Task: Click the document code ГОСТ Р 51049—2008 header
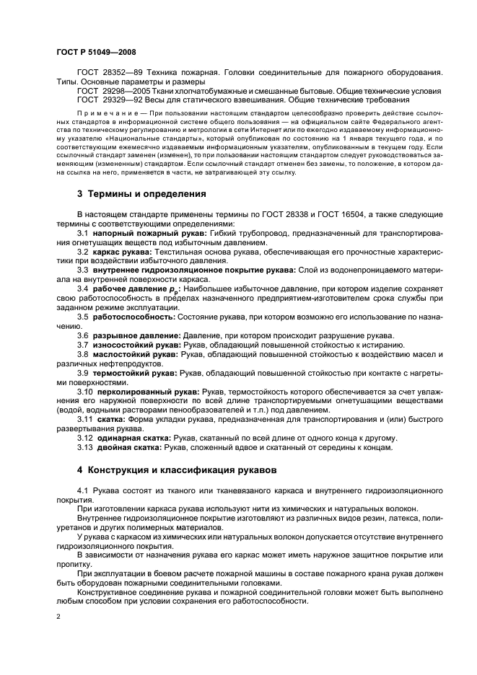point(95,52)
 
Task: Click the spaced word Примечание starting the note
point(106,114)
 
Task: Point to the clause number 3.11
point(85,419)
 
